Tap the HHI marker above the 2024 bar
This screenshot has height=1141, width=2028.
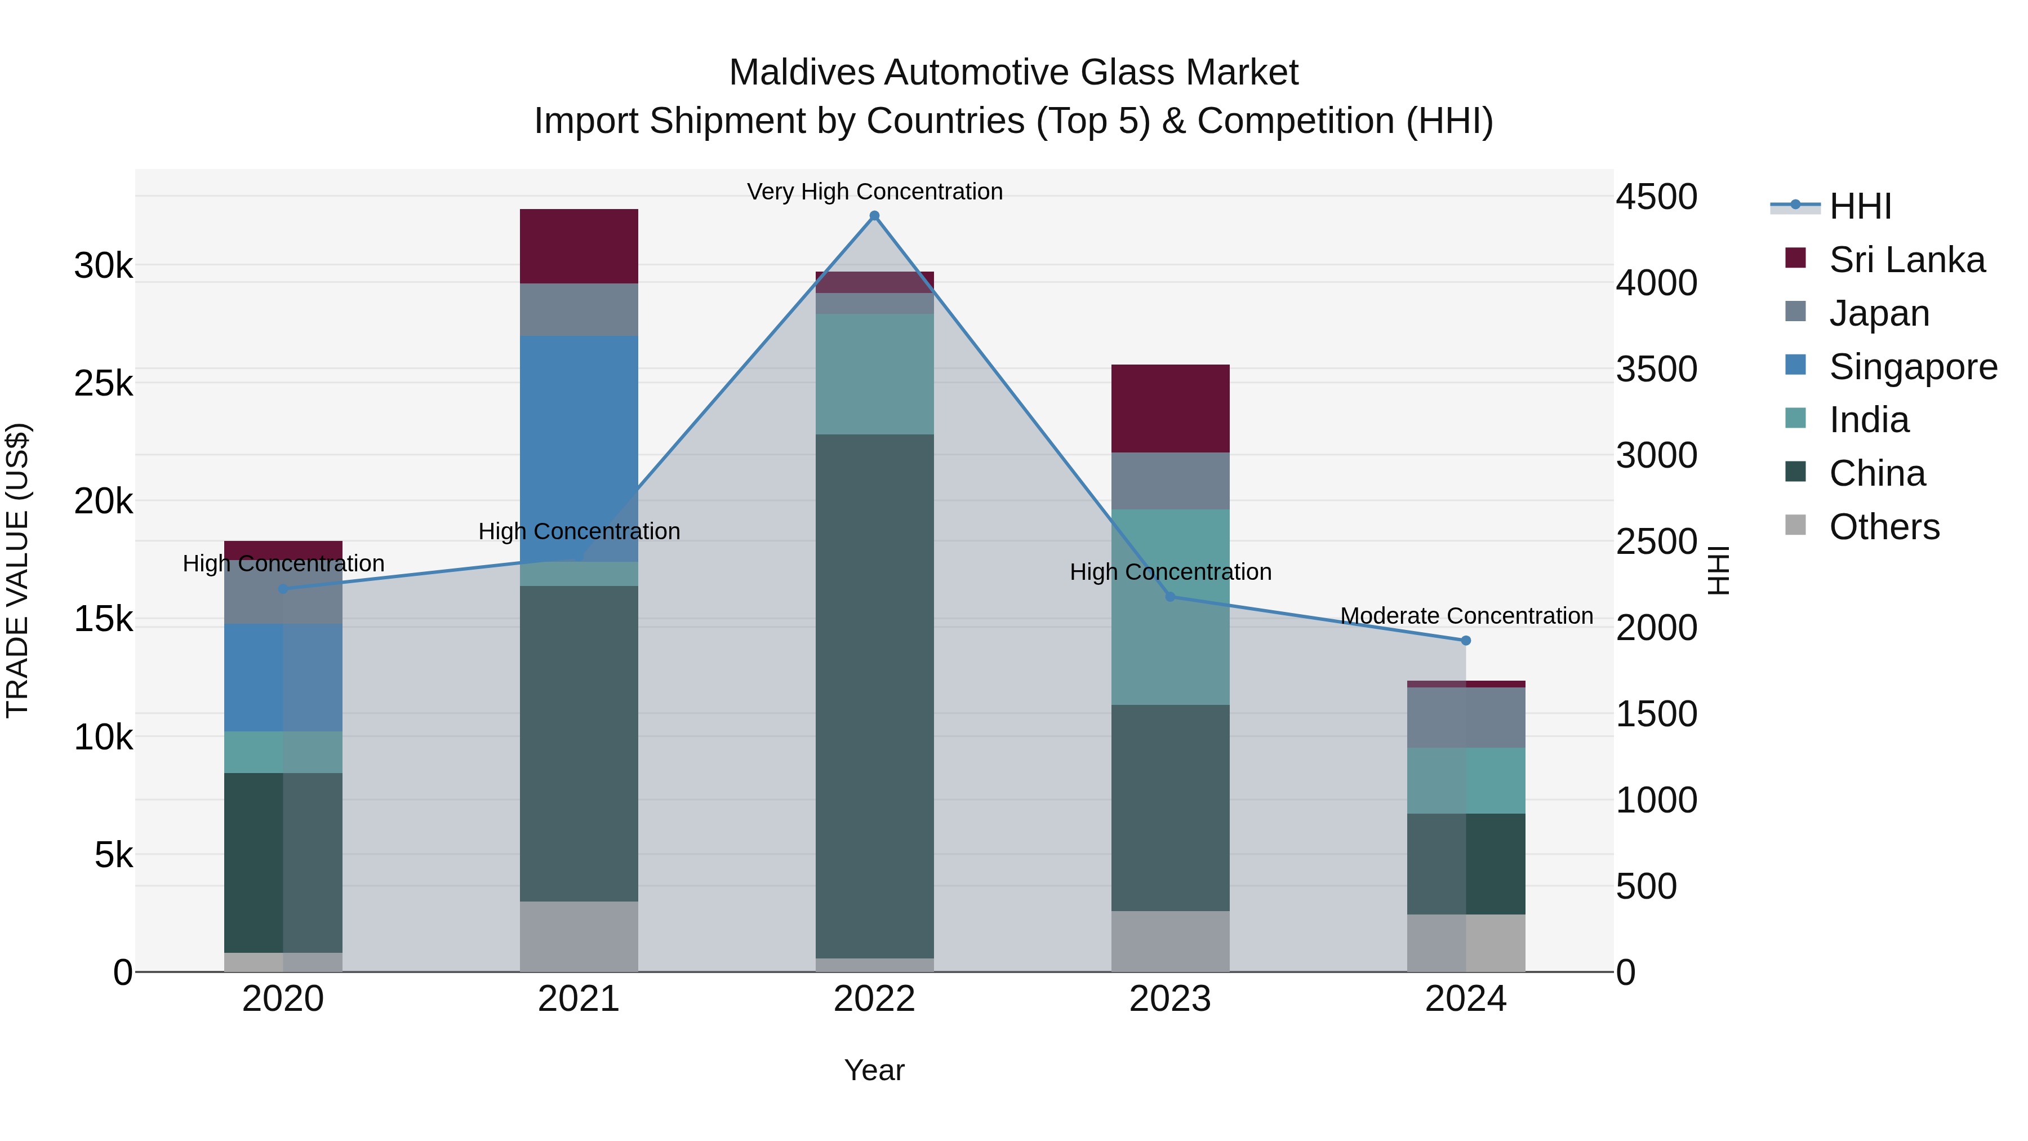(1465, 641)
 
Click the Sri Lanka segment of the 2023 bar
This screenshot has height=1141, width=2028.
(1170, 408)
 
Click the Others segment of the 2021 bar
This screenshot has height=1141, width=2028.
(579, 936)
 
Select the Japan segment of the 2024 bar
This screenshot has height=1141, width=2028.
(1465, 717)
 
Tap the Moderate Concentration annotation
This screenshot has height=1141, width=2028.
(1466, 616)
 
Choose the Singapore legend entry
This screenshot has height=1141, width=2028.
(1913, 367)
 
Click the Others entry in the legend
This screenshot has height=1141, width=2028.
(1884, 527)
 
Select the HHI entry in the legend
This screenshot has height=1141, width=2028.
(1860, 206)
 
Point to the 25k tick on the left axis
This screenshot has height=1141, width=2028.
(103, 384)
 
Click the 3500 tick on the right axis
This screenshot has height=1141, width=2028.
(1656, 369)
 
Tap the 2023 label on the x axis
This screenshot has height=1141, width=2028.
(1170, 999)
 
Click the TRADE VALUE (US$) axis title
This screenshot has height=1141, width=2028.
(17, 570)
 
